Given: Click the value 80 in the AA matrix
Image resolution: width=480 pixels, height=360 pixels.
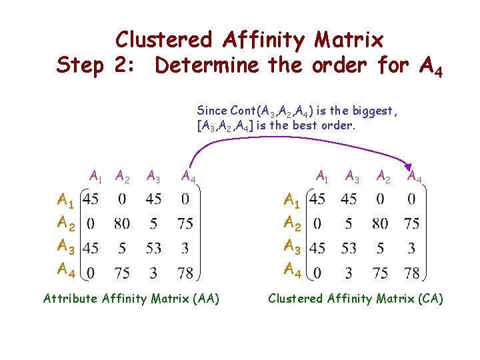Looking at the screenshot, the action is (x=122, y=223).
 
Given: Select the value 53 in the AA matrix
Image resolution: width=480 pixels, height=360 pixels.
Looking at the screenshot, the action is (x=153, y=248).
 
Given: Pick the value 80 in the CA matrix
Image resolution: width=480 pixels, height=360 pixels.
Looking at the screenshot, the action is (x=380, y=223).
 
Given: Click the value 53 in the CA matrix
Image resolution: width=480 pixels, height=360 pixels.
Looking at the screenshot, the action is (x=349, y=248).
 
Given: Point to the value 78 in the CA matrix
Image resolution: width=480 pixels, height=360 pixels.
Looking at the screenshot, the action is (x=411, y=273).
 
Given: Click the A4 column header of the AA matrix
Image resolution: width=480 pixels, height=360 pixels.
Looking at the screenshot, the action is (x=189, y=177).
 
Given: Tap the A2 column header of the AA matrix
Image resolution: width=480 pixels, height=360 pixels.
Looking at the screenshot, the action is (x=122, y=177).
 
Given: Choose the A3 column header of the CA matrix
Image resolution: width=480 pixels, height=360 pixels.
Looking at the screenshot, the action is (x=353, y=177).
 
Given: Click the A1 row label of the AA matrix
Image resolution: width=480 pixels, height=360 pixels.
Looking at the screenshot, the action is (x=66, y=199).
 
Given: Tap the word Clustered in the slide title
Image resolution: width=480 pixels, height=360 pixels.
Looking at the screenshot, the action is (x=163, y=40).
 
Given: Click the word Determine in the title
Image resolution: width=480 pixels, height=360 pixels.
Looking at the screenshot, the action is (x=207, y=66).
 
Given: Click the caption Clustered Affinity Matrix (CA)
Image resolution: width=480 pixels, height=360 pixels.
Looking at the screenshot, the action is (x=355, y=299).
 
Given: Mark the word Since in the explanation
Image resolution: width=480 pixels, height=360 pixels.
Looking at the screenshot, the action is (x=212, y=111).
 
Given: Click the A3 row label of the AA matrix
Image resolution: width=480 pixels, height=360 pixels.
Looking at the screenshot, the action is (x=66, y=247).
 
